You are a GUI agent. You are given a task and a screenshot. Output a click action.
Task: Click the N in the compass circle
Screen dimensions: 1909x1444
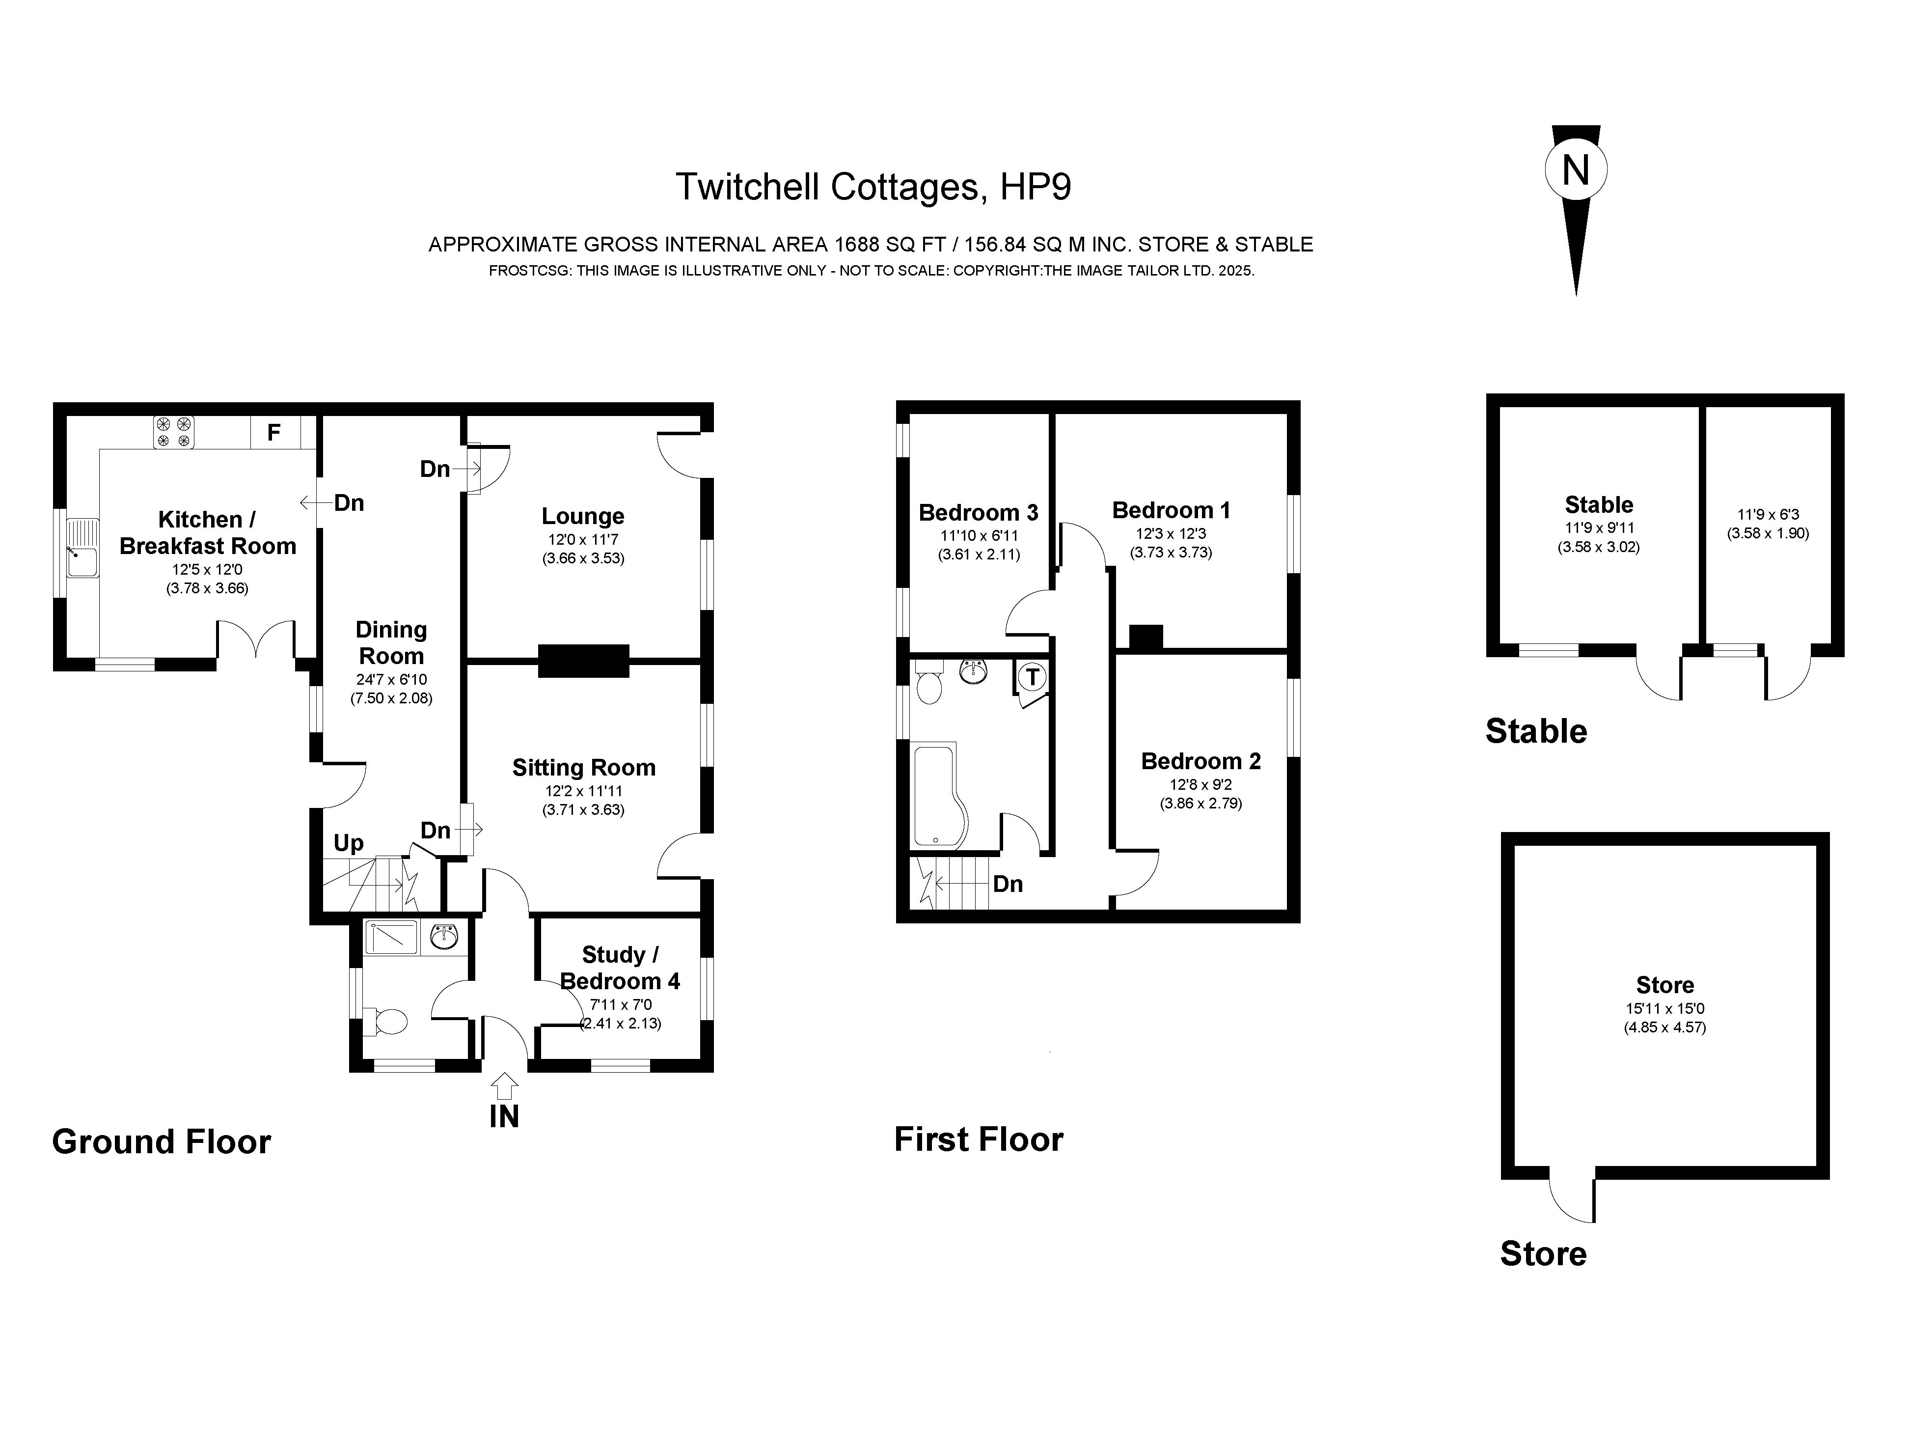tap(1576, 170)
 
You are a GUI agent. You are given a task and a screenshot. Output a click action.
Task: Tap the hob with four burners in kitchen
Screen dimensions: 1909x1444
tap(173, 432)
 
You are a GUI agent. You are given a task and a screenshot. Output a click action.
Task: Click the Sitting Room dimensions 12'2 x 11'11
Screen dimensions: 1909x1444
tap(583, 791)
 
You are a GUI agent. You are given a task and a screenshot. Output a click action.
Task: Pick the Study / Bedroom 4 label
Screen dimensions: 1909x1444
tap(620, 968)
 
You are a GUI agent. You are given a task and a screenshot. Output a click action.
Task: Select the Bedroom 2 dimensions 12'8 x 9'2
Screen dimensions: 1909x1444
tap(1200, 784)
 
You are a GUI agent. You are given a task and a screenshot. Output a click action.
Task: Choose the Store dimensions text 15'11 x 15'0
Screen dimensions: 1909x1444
tap(1665, 1008)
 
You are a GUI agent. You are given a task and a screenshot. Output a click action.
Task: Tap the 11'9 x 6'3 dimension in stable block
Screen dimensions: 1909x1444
tap(1768, 514)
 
